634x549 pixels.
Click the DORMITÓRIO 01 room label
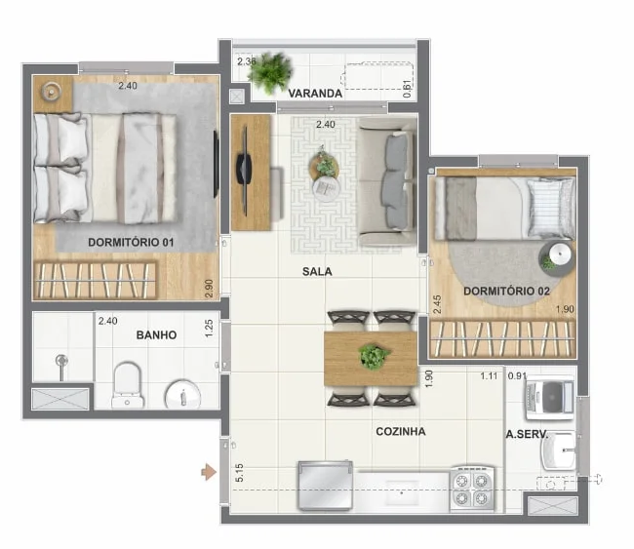pos(131,242)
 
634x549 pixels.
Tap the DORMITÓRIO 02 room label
pos(506,291)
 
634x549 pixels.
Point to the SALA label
pos(317,272)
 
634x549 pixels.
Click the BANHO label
pos(156,334)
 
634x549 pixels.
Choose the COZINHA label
pos(400,431)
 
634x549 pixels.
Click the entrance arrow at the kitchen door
pos(208,473)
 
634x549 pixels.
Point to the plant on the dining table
pos(373,356)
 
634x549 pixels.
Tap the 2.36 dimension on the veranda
pos(247,61)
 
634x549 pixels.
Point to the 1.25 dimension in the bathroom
pos(209,328)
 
